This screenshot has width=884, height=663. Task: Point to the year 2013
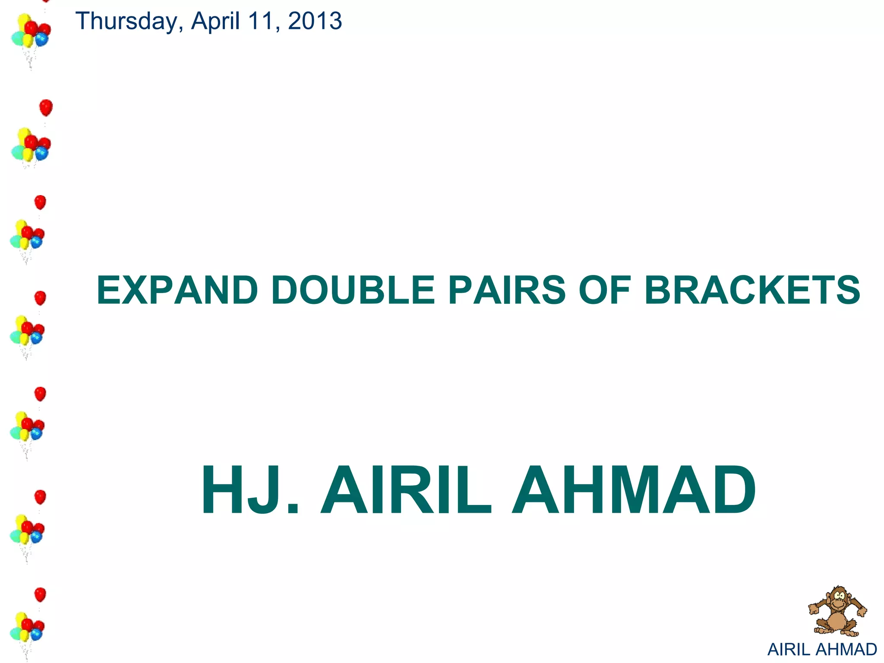[x=315, y=22]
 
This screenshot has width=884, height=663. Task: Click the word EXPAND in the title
[x=177, y=290]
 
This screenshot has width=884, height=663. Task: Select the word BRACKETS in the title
[x=752, y=290]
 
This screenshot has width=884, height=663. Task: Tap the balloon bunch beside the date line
[x=30, y=32]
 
